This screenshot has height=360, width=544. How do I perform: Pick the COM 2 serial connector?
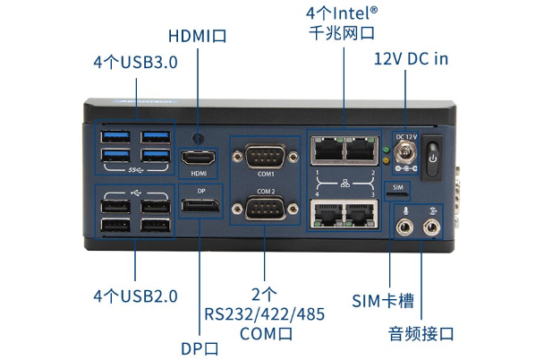[265, 211]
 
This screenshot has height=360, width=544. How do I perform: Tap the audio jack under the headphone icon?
[433, 226]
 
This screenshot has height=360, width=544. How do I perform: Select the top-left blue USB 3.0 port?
[117, 139]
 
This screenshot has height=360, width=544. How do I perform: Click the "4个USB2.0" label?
[135, 296]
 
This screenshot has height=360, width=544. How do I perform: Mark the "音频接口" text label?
[421, 333]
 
